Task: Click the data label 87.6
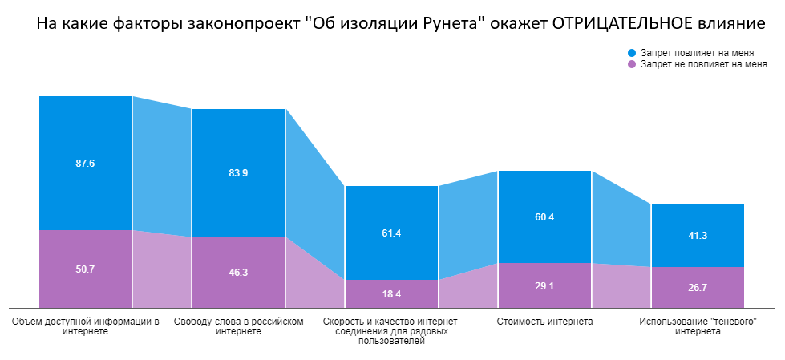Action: [x=85, y=164]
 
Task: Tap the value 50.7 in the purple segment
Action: [x=85, y=269]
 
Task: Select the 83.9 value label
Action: [x=238, y=173]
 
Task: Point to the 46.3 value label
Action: [x=238, y=273]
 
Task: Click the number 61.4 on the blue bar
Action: [x=391, y=233]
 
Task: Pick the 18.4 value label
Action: [x=391, y=294]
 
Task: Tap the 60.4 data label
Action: [x=544, y=217]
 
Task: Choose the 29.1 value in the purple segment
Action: [x=544, y=285]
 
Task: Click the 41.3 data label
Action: [x=698, y=236]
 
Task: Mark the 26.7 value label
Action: [x=698, y=287]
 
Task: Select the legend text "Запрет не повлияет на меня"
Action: [x=703, y=65]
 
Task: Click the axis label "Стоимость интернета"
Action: [x=544, y=322]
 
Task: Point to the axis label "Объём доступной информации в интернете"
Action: [x=85, y=326]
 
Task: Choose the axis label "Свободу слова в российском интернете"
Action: [x=238, y=326]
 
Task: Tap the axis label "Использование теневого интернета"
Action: [x=698, y=326]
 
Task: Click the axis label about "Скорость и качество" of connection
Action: [x=391, y=331]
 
